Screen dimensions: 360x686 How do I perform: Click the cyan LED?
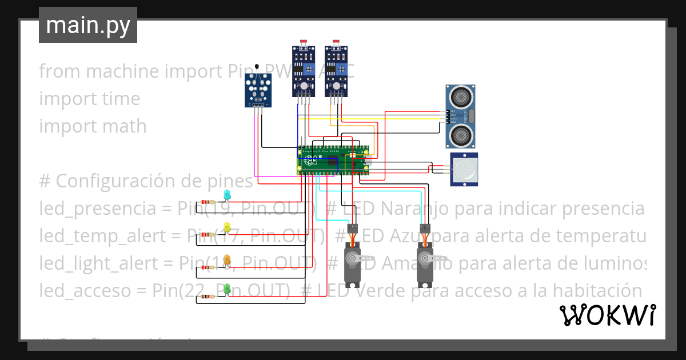click(227, 195)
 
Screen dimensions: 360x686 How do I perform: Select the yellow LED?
click(227, 228)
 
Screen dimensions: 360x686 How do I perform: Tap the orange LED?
click(227, 260)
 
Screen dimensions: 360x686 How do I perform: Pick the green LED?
click(227, 290)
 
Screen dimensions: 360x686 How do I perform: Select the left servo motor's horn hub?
click(352, 258)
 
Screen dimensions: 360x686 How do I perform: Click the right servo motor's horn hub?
click(425, 258)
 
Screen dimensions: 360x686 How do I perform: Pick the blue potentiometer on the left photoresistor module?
click(309, 69)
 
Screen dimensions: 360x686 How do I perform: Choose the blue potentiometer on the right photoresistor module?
click(341, 69)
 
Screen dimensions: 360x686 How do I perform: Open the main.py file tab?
click(88, 25)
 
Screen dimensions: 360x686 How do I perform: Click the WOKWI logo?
click(607, 315)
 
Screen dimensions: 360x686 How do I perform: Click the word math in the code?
click(122, 126)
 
